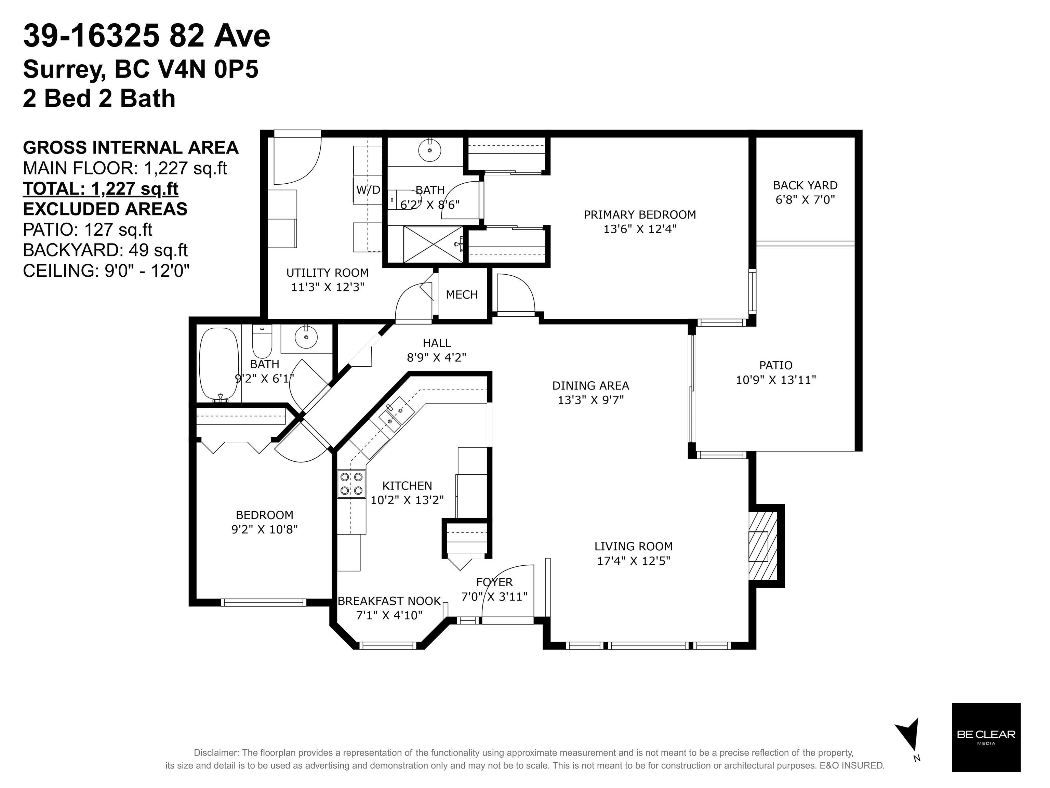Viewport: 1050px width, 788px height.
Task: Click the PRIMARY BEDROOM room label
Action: pos(639,214)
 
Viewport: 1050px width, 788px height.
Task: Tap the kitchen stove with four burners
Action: pos(351,484)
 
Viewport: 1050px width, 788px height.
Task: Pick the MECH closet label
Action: pos(462,295)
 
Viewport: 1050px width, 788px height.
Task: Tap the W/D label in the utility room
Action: pos(368,190)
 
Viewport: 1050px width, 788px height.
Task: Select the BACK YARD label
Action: pos(805,185)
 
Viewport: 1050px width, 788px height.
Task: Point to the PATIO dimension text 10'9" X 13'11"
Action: pos(776,380)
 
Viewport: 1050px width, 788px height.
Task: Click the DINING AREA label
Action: pos(590,385)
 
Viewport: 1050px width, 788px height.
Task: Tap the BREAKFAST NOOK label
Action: pos(389,601)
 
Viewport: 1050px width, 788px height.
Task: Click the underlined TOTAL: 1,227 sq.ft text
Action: pos(101,188)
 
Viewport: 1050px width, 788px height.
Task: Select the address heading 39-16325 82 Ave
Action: pos(147,36)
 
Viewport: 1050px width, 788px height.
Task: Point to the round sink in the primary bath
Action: pos(429,150)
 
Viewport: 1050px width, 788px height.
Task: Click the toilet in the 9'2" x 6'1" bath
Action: pos(262,342)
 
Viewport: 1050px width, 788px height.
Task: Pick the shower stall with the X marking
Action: pos(433,244)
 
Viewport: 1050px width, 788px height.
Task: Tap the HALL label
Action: pos(437,343)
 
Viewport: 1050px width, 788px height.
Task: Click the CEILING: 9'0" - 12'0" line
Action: pos(106,271)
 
